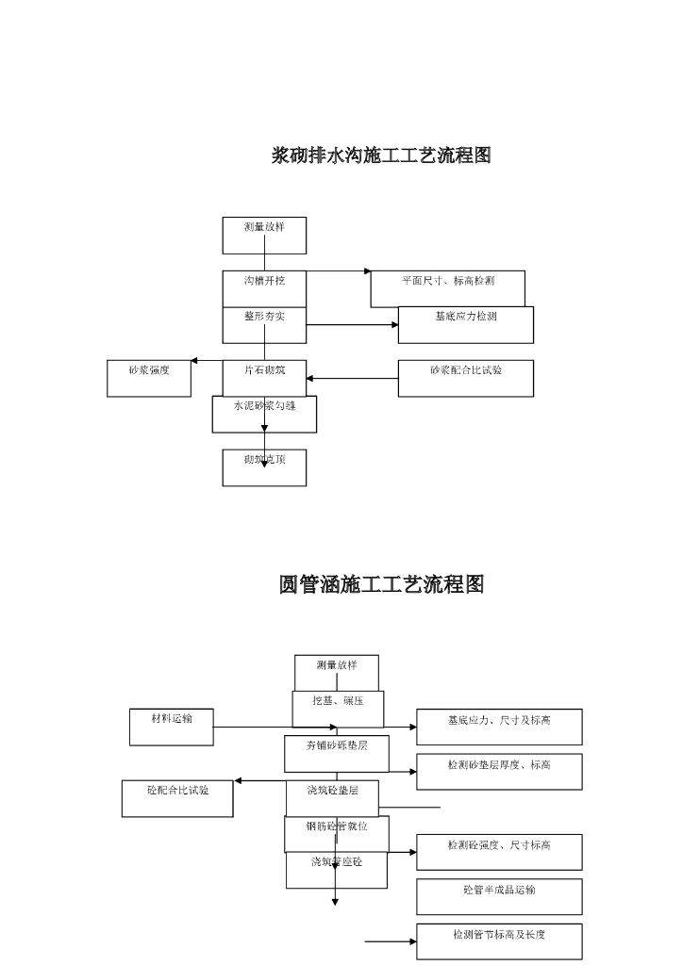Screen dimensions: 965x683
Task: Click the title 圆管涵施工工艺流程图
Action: (381, 585)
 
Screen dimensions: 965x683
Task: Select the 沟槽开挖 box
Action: (264, 288)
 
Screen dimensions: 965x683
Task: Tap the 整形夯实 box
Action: (264, 324)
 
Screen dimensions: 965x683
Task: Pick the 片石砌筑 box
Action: (264, 377)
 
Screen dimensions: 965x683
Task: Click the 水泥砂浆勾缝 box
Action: (264, 414)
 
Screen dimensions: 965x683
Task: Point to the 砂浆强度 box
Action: (149, 378)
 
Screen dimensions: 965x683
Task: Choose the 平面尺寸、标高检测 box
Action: (447, 287)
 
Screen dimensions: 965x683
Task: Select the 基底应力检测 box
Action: (465, 324)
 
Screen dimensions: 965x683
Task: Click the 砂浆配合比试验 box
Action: (465, 378)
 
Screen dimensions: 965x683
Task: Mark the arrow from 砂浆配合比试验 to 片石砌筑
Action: (352, 379)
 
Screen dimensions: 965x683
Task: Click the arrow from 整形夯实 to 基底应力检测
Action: (352, 325)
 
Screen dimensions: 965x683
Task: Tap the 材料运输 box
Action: (172, 727)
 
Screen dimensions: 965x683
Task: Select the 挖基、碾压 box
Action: (337, 708)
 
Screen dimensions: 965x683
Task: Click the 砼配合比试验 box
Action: (177, 798)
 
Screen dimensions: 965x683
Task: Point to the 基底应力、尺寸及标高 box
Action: (499, 727)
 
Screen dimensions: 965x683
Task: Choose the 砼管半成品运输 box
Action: (499, 896)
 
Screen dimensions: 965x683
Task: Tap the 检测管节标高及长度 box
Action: (499, 940)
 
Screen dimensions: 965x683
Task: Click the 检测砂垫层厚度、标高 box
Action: (499, 771)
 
